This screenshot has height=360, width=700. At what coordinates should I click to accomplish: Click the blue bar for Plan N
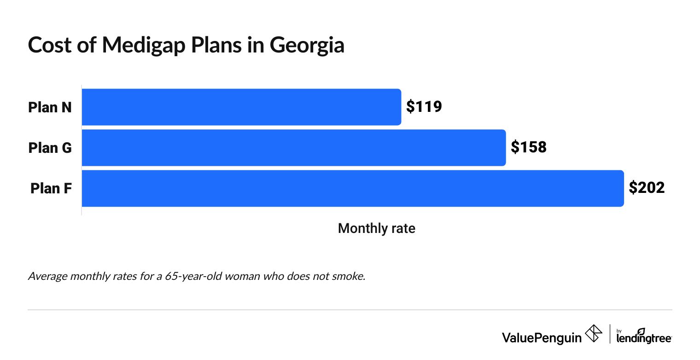(241, 107)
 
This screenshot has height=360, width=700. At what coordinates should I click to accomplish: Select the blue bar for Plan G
(293, 147)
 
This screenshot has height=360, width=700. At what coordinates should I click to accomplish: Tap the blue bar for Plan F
(352, 188)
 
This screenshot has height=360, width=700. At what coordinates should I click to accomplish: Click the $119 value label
(424, 107)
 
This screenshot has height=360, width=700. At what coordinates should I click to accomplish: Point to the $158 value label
(529, 147)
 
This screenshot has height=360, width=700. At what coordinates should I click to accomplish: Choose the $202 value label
(647, 188)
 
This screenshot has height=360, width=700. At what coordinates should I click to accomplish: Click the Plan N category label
(50, 107)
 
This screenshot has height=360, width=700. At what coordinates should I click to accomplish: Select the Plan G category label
(50, 148)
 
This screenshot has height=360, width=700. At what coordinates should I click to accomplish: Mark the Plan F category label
(51, 188)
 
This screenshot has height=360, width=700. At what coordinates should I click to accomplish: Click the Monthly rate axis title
(376, 228)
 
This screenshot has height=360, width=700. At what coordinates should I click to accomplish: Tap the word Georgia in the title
(307, 45)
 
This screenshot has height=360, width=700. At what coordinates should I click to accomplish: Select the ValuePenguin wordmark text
(542, 337)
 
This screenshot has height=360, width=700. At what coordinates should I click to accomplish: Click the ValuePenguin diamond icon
(594, 334)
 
